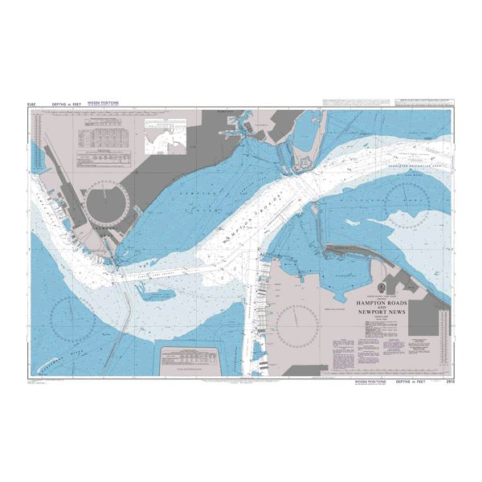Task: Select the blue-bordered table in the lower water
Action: coord(192,358)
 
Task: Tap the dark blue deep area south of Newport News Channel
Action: coord(153,294)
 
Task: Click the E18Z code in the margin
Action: coord(31,104)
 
